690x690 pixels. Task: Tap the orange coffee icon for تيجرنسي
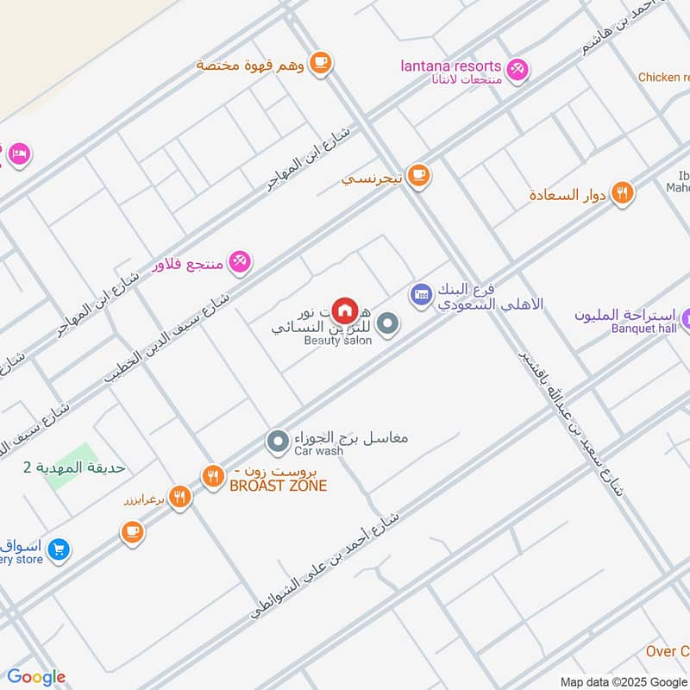[418, 176]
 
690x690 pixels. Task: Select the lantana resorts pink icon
[517, 68]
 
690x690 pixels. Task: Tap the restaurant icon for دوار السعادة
[622, 193]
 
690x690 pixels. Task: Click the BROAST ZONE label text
[278, 486]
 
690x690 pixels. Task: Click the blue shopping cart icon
[59, 549]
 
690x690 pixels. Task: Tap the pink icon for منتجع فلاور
[241, 261]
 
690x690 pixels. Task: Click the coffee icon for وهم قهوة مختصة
[320, 62]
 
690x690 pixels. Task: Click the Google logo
[36, 677]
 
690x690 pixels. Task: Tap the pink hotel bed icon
[18, 154]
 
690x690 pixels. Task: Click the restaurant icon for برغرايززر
[179, 496]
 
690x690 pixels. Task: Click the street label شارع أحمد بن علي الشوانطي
[326, 566]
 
